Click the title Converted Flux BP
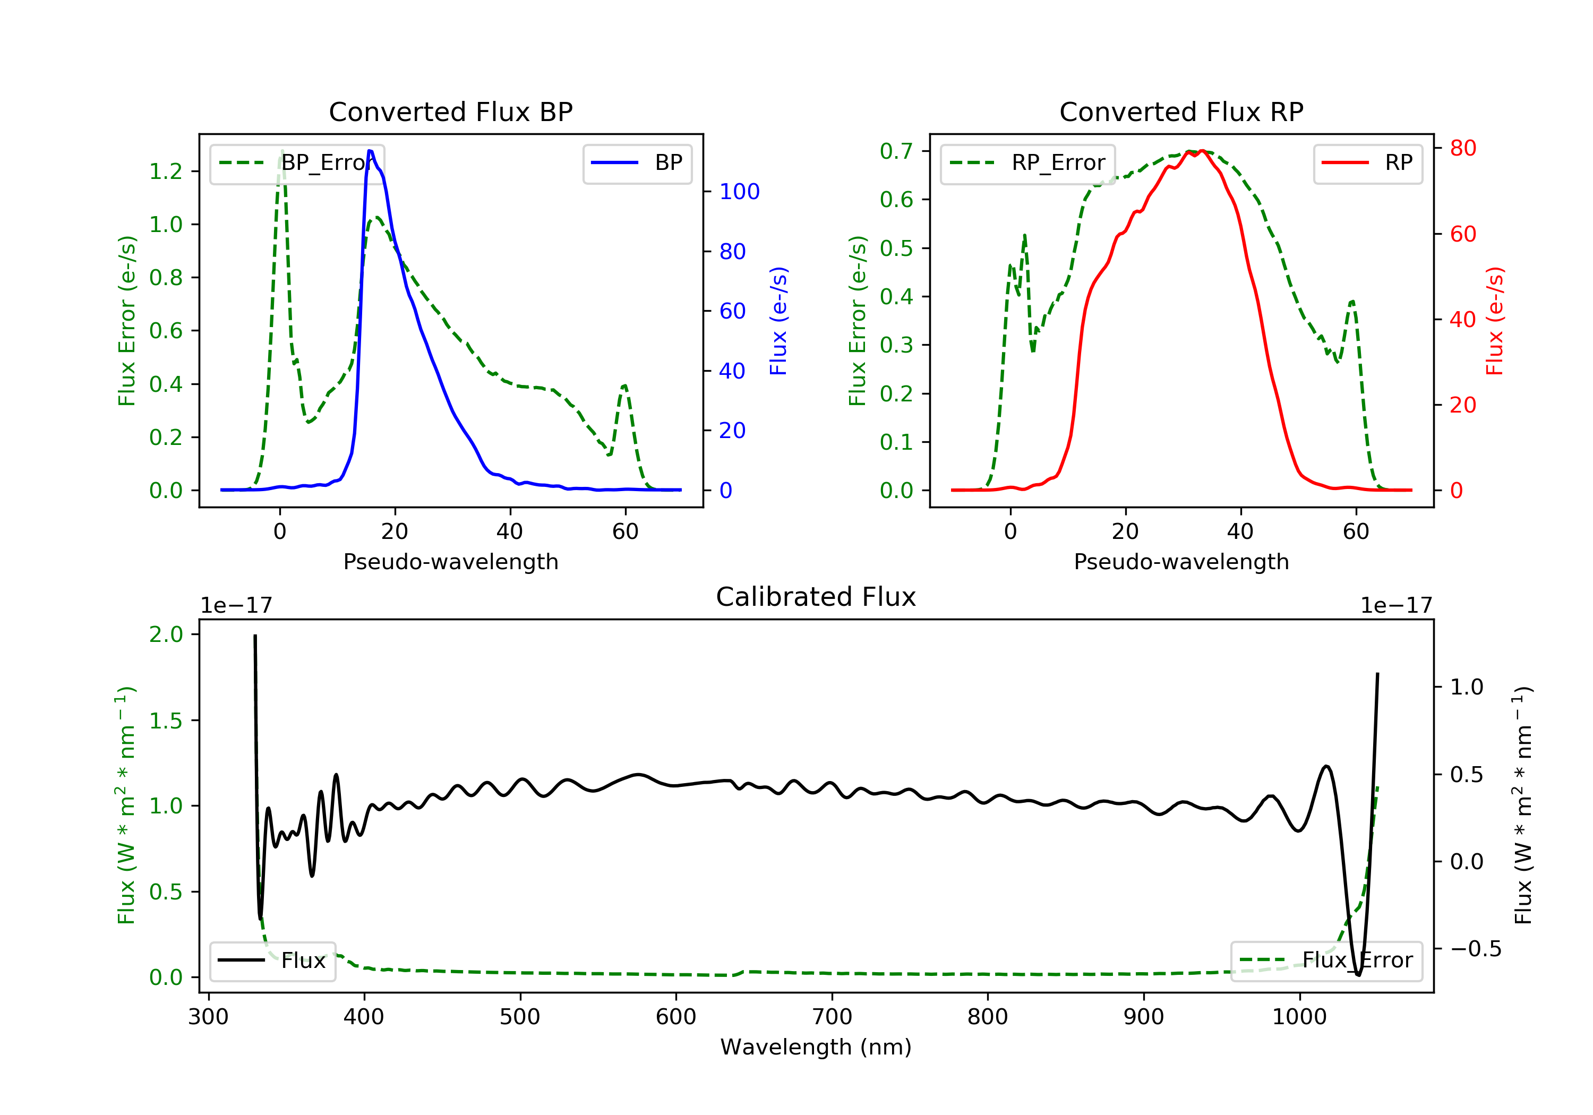(451, 111)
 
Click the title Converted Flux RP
(1181, 111)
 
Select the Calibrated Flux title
(816, 597)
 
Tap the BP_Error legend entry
(297, 163)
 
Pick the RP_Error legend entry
(1027, 163)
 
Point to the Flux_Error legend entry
(1326, 960)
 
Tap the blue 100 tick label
(740, 192)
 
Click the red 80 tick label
(1463, 148)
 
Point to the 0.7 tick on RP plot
(896, 151)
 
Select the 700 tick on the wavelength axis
(832, 1017)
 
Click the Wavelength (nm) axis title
(816, 1047)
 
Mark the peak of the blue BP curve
(370, 151)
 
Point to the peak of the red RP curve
(1202, 151)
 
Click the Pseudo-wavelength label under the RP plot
(1181, 561)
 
